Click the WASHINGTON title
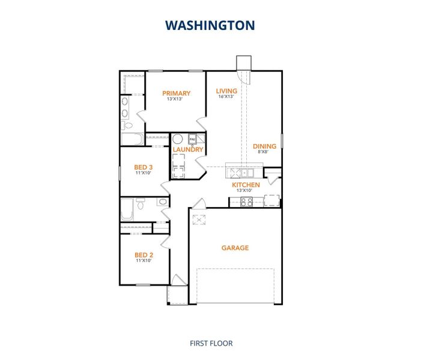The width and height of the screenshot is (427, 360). [210, 25]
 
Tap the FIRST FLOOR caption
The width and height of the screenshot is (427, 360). [211, 343]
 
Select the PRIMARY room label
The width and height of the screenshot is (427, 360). [177, 93]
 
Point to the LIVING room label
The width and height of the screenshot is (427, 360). [227, 91]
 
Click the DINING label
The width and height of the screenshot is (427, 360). [264, 146]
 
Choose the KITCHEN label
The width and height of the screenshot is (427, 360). [246, 185]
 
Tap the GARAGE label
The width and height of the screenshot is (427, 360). [235, 248]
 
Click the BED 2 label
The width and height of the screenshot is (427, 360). [142, 255]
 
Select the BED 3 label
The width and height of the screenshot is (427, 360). [143, 167]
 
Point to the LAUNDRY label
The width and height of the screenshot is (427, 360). [188, 149]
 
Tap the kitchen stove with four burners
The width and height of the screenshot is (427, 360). [247, 201]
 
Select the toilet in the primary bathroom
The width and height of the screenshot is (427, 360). [127, 125]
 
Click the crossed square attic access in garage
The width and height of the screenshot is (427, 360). [199, 220]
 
